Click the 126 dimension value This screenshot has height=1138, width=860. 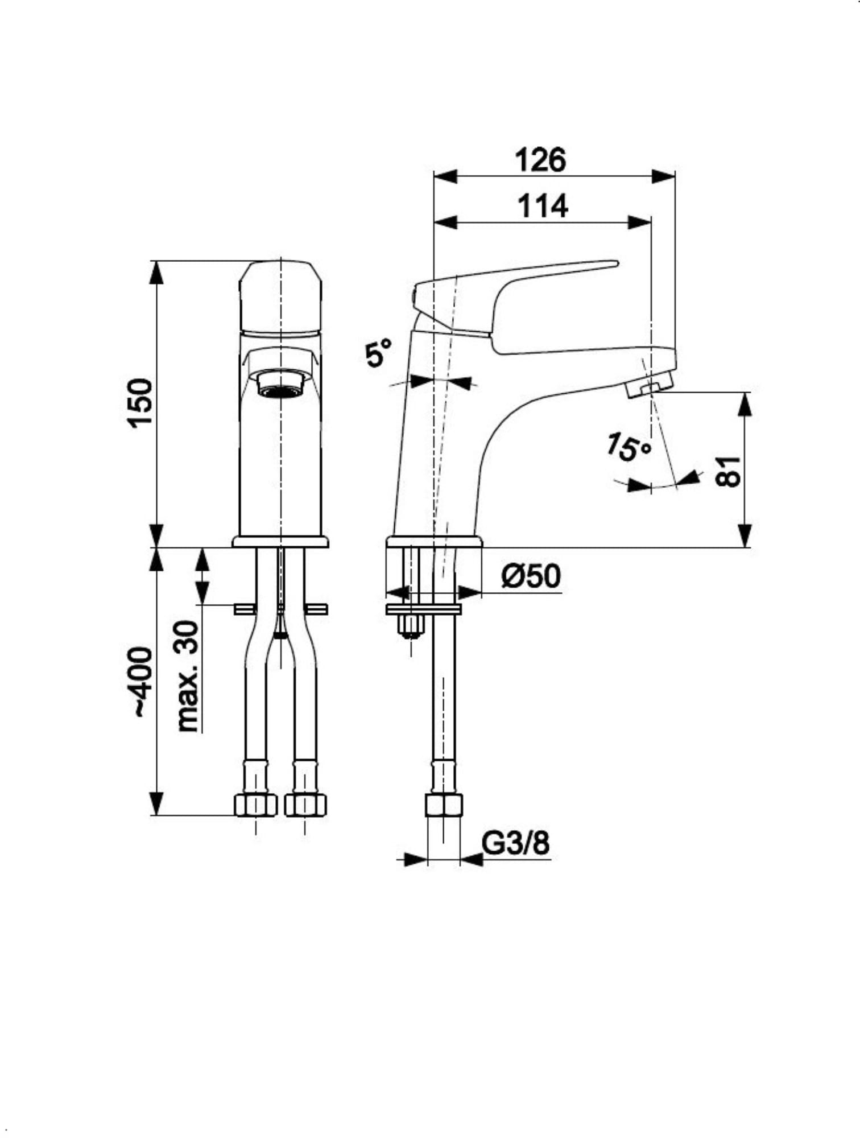click(x=540, y=160)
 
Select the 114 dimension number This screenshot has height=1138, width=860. click(x=543, y=207)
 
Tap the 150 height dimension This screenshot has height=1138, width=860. click(x=140, y=403)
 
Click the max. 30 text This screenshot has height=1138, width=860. click(x=188, y=676)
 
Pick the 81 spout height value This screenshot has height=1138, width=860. click(x=729, y=471)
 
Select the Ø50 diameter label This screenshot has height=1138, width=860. click(x=531, y=576)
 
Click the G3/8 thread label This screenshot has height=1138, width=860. click(x=516, y=843)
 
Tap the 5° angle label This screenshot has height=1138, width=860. click(x=379, y=353)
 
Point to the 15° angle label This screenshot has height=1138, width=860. click(x=628, y=446)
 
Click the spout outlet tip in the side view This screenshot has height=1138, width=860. click(x=648, y=387)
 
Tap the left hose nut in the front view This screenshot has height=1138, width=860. click(x=255, y=805)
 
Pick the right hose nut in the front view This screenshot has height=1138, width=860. click(x=305, y=805)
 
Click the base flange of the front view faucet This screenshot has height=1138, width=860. click(x=280, y=541)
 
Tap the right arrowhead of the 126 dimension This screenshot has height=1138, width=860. click(x=664, y=176)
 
